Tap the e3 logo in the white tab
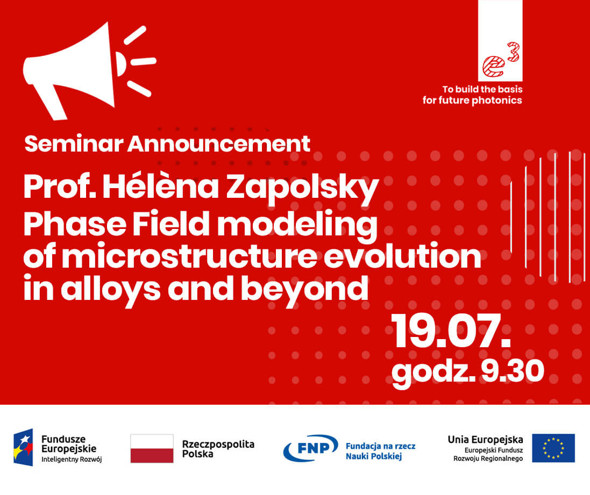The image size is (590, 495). tap(500, 60)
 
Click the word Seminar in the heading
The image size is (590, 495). tap(74, 144)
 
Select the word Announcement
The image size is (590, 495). tap(218, 144)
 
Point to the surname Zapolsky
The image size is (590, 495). tap(302, 188)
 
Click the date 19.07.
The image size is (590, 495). tap(451, 331)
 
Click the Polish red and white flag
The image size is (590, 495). tap(152, 448)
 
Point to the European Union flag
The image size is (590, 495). tap(553, 448)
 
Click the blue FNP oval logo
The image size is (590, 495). tap(310, 448)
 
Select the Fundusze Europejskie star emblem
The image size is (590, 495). tap(23, 448)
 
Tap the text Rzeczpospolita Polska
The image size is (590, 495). tap(218, 449)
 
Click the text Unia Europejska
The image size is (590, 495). tap(485, 439)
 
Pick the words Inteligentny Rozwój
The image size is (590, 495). tap(72, 460)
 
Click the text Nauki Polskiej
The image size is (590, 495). tap(374, 456)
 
